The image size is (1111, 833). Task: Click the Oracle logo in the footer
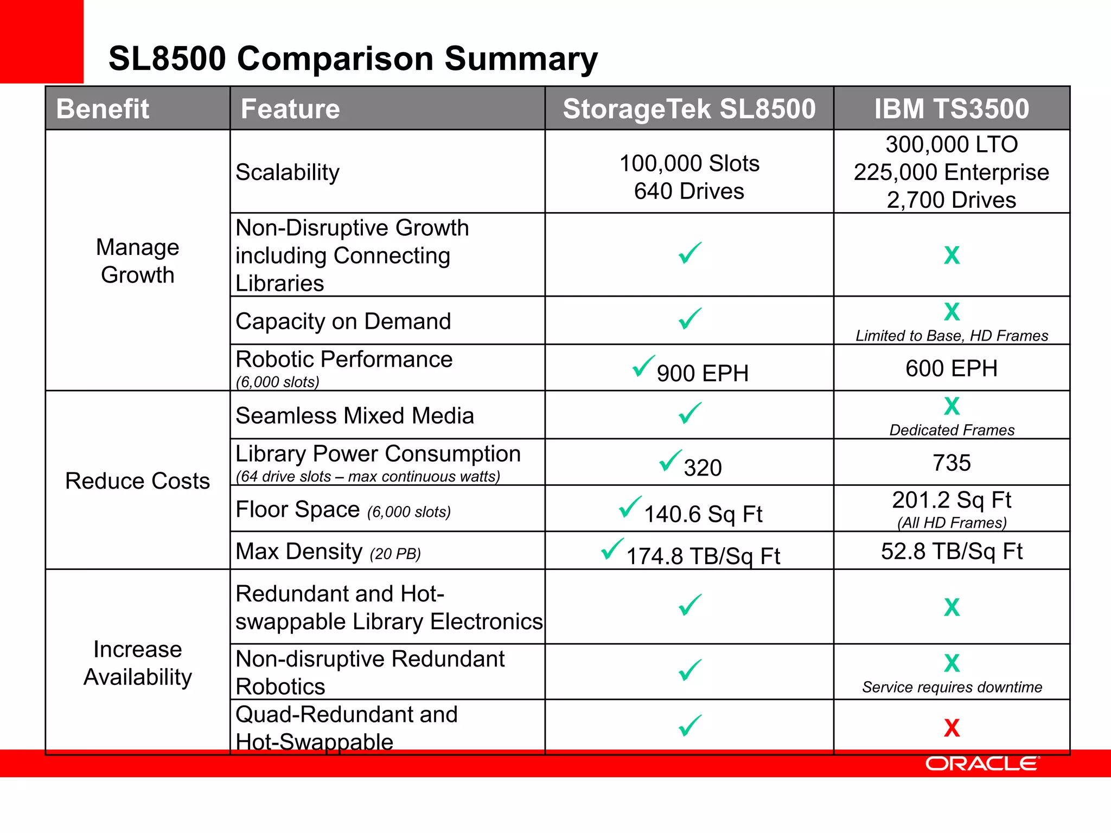coord(982,764)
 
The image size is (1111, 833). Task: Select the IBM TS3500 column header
coord(952,108)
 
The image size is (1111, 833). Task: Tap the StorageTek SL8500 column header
coord(689,108)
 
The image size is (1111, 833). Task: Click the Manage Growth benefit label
coord(138,261)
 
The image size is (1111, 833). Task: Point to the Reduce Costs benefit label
coord(137,481)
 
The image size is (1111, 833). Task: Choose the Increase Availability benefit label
coord(138,663)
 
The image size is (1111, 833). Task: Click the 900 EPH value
coord(703,373)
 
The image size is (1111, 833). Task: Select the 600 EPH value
coord(952,368)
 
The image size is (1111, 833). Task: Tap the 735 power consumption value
coord(952,463)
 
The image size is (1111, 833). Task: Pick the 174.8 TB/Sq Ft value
coord(703,556)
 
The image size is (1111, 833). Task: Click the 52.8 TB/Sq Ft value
coord(952,551)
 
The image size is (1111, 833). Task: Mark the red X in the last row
coord(952,728)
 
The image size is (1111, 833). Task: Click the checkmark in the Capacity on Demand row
coord(690,319)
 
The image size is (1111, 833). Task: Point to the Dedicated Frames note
coord(952,430)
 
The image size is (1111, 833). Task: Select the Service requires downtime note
coord(952,687)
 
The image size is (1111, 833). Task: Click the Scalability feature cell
coord(288,172)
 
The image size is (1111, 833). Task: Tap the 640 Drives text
coord(689,191)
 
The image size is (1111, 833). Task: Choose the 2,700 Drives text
coord(952,200)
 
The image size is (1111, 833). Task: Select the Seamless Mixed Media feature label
coord(355,416)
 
